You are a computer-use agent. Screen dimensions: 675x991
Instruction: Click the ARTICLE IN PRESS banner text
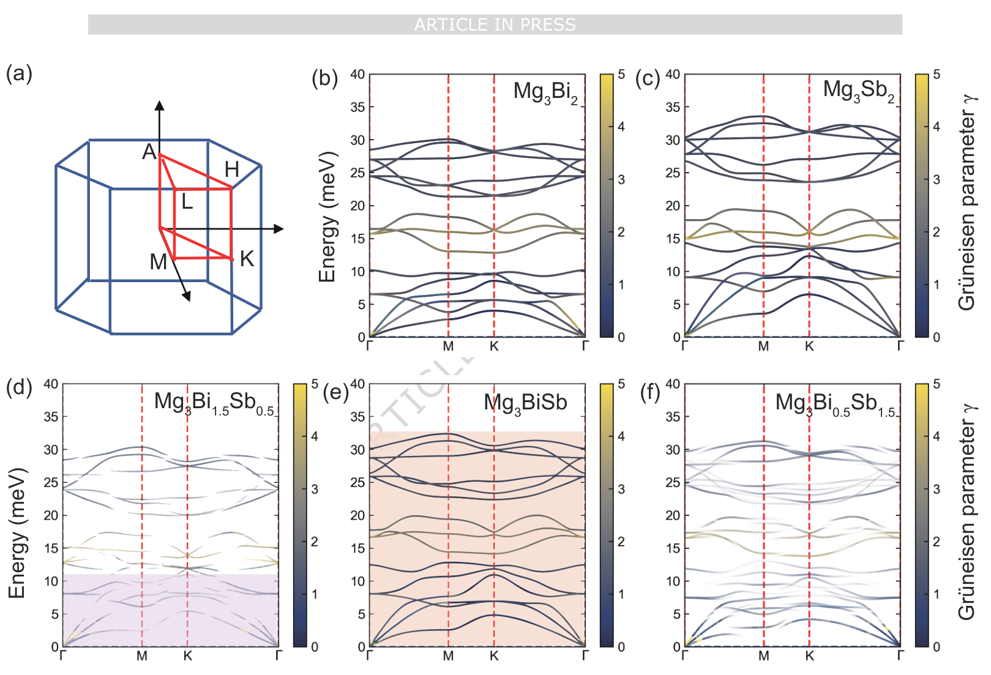pos(495,24)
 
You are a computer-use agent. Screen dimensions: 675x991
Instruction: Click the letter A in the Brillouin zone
pos(149,152)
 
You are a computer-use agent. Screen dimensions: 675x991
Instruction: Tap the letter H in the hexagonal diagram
pos(231,170)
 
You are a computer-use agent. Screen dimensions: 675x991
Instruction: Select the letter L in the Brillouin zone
pos(187,201)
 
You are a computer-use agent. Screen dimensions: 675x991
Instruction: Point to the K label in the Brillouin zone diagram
pos(247,259)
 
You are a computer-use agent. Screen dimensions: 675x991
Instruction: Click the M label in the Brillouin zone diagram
pos(158,262)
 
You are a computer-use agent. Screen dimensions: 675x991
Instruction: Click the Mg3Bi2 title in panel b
pos(545,92)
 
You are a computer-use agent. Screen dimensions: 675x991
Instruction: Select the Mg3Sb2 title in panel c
pos(858,91)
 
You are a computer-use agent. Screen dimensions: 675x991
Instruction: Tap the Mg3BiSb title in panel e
pos(525,403)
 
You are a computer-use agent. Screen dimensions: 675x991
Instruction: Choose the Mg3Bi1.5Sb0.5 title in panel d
pos(214,403)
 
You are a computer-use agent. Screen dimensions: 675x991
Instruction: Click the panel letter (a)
pos(18,73)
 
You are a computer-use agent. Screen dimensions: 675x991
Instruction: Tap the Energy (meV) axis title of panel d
pos(17,532)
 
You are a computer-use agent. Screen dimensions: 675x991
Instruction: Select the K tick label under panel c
pos(809,347)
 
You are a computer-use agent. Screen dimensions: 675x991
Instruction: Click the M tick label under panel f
pos(763,657)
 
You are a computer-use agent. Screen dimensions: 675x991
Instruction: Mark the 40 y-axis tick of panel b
pos(357,75)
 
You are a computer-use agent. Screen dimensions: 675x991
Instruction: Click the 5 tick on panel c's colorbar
pos(936,75)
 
